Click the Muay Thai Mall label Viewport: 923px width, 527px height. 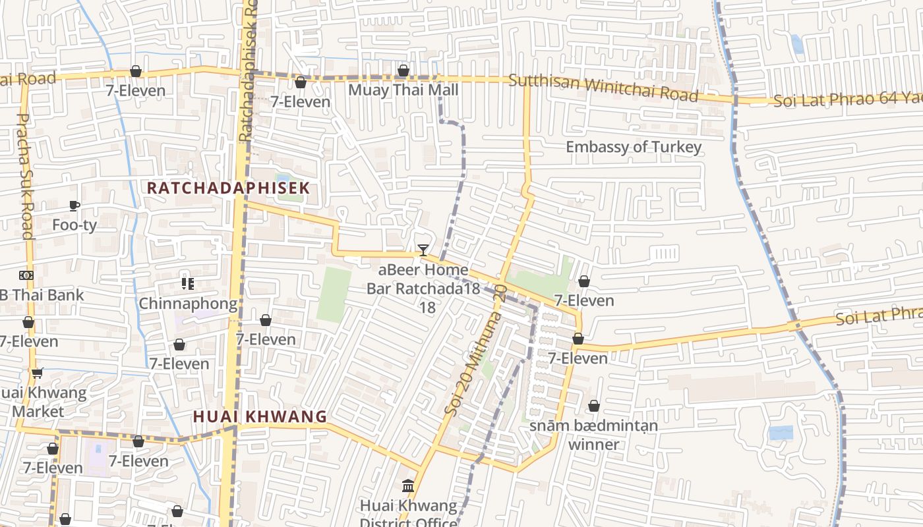pyautogui.click(x=403, y=90)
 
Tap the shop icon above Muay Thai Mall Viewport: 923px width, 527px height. pyautogui.click(x=403, y=70)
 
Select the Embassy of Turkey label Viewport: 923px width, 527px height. pyautogui.click(x=634, y=146)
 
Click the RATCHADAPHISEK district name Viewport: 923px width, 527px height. pyautogui.click(x=227, y=188)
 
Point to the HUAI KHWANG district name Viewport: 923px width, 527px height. pyautogui.click(x=260, y=416)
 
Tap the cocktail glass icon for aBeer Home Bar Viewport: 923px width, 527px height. pyautogui.click(x=423, y=250)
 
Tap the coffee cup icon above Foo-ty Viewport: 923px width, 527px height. pyautogui.click(x=74, y=206)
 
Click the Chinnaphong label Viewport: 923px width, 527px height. pyautogui.click(x=187, y=304)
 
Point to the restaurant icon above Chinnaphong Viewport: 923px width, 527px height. pyautogui.click(x=187, y=284)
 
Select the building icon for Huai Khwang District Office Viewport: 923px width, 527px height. pyautogui.click(x=408, y=486)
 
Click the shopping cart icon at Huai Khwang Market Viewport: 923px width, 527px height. pyautogui.click(x=38, y=373)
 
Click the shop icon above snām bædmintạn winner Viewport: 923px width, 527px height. pyautogui.click(x=593, y=406)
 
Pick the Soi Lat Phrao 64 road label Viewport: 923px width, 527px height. pyautogui.click(x=847, y=100)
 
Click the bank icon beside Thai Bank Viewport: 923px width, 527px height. pyautogui.click(x=26, y=275)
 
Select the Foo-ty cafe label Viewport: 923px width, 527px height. pyautogui.click(x=74, y=225)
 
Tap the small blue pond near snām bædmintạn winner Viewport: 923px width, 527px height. pyautogui.click(x=781, y=433)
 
